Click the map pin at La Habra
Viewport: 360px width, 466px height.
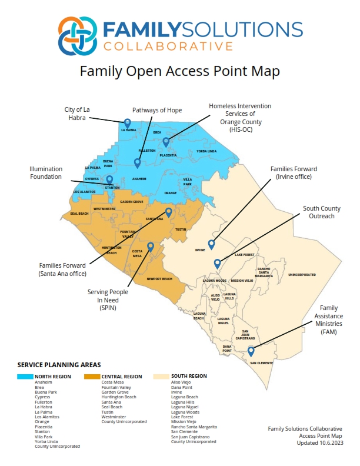[x=127, y=122]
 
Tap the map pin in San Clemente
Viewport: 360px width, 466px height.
[x=251, y=351]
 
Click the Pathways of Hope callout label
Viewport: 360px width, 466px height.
[x=157, y=110]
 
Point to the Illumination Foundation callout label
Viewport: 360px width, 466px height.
[x=46, y=172]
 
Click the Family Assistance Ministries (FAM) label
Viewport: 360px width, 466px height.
[x=330, y=320]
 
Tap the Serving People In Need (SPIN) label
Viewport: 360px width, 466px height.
[x=108, y=299]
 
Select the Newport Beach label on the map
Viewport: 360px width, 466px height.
[x=159, y=278]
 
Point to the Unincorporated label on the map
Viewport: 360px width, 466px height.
[x=302, y=275]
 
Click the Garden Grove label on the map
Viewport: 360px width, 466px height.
[x=132, y=202]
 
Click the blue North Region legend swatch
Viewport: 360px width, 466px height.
[x=25, y=376]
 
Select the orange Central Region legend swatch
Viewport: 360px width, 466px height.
[x=92, y=376]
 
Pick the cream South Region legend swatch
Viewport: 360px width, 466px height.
[x=161, y=376]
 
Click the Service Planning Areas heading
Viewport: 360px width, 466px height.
[x=59, y=365]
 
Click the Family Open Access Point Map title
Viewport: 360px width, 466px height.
[x=180, y=71]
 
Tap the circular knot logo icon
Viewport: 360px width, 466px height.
[x=78, y=35]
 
